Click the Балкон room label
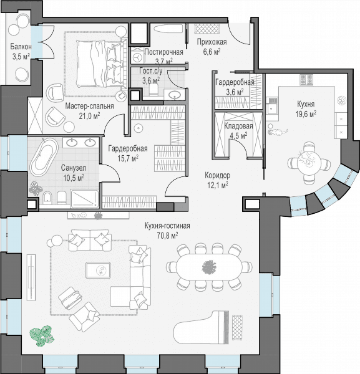[x=21, y=46]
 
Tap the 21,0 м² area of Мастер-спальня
[x=89, y=116]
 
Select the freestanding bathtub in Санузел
[x=44, y=157]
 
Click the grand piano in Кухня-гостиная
[x=202, y=327]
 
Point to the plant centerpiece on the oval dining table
[x=209, y=267]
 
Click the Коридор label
[x=218, y=176]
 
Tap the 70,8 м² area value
[x=167, y=236]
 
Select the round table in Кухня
[x=309, y=162]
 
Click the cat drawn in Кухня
[x=278, y=132]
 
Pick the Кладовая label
[x=238, y=126]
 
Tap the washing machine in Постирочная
[x=137, y=57]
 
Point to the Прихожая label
[x=212, y=42]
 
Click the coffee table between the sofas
[x=99, y=270]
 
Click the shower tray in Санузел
[x=84, y=198]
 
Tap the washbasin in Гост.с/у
[x=175, y=95]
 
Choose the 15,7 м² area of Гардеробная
[x=128, y=158]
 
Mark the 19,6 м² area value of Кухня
[x=306, y=114]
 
